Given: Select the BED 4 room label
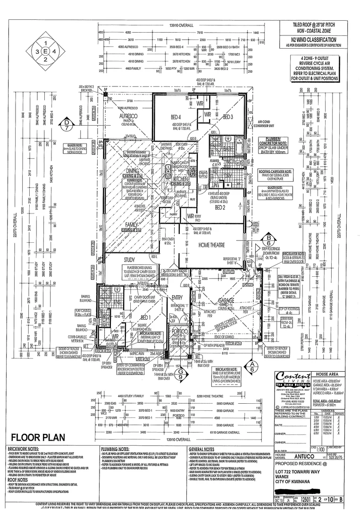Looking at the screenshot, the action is click(x=176, y=117).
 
